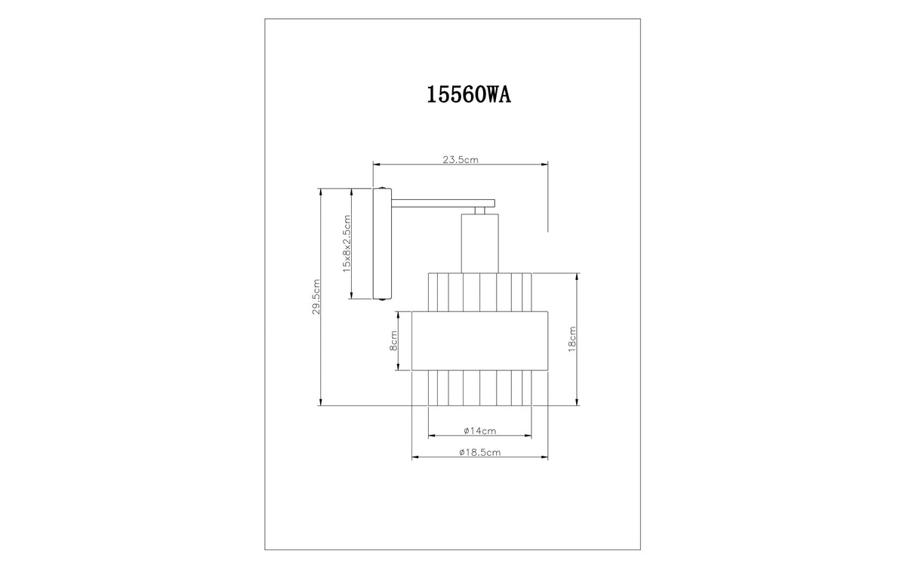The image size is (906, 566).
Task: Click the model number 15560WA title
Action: pyautogui.click(x=469, y=95)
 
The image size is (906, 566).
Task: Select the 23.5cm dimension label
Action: pyautogui.click(x=461, y=160)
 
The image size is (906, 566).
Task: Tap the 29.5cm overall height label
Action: pyautogui.click(x=316, y=297)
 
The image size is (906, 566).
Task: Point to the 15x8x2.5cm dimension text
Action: pyautogui.click(x=347, y=243)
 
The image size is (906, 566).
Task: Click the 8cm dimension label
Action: pyautogui.click(x=393, y=341)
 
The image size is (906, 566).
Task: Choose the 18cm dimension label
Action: pyautogui.click(x=572, y=339)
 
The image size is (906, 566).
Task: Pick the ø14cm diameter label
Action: pyautogui.click(x=479, y=431)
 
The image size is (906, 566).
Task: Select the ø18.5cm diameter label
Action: pyautogui.click(x=479, y=452)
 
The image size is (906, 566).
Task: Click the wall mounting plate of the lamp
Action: pyautogui.click(x=382, y=244)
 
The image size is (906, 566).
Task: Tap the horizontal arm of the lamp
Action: pyautogui.click(x=443, y=203)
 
